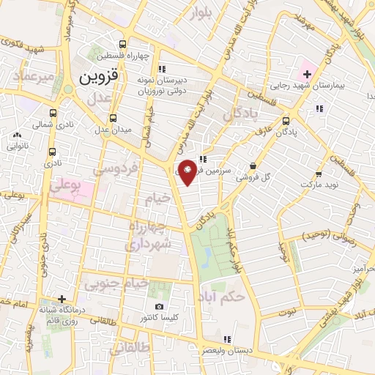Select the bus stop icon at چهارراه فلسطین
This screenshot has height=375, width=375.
[x=131, y=43]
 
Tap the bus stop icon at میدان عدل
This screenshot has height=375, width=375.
[x=113, y=118]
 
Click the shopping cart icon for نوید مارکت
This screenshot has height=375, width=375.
[x=319, y=174]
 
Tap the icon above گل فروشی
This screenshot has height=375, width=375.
[x=253, y=166]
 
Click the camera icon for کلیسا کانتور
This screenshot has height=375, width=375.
[x=160, y=306]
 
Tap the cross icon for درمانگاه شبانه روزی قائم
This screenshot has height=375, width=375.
[x=62, y=299]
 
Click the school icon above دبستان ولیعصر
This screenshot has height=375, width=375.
[x=226, y=338]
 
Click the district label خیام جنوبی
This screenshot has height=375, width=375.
[x=117, y=282]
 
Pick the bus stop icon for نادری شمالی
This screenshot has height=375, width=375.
[x=53, y=114]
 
